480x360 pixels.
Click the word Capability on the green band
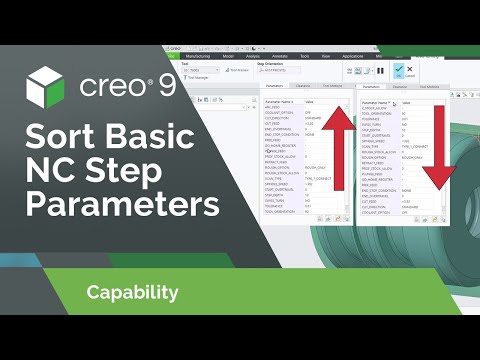click(x=132, y=293)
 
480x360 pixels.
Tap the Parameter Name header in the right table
click(x=376, y=103)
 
